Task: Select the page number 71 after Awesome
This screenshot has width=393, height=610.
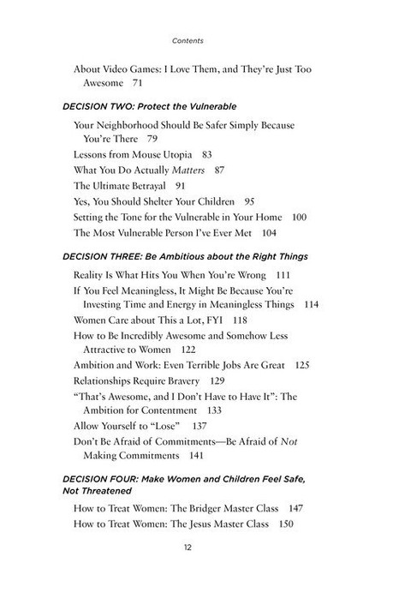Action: click(x=137, y=84)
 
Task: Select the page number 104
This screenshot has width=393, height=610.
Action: click(x=269, y=232)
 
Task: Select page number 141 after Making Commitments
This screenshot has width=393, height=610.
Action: click(x=196, y=457)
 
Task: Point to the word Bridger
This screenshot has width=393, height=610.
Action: click(x=209, y=508)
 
